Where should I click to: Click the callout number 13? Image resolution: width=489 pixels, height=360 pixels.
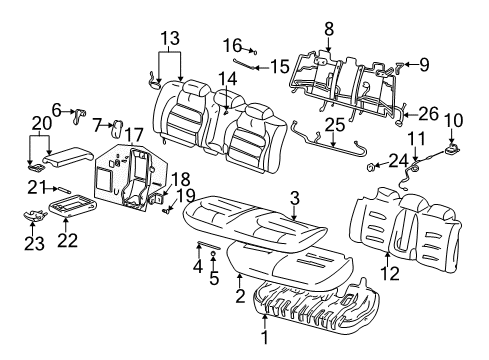(171, 38)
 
